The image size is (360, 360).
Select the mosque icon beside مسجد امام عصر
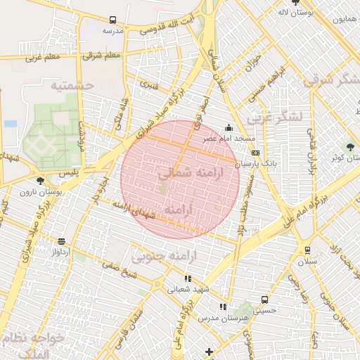(x=229, y=128)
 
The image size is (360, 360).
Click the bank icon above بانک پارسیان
(x=255, y=153)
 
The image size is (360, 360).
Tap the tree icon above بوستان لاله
(x=295, y=3)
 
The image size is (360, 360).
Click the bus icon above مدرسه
(x=112, y=21)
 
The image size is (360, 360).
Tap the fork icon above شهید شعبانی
(x=187, y=278)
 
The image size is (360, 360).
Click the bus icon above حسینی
(x=264, y=300)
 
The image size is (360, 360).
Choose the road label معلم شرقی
(x=101, y=55)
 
